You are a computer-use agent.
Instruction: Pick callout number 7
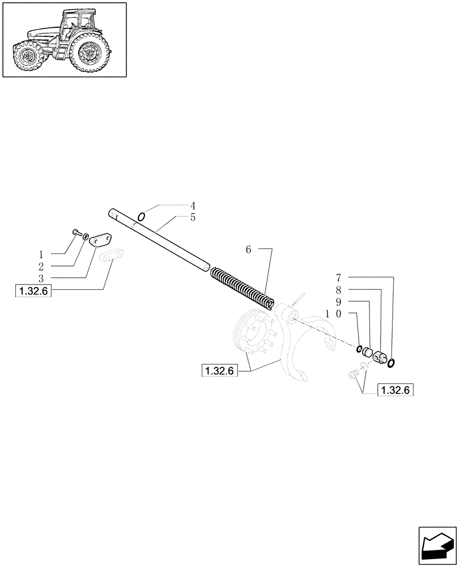(x=338, y=278)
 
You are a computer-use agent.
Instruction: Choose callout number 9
(x=338, y=302)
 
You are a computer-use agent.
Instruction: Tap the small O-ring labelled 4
(x=141, y=216)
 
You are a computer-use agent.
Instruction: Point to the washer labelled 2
(x=86, y=236)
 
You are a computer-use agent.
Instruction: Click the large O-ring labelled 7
(x=391, y=362)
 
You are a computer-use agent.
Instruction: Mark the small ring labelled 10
(x=359, y=348)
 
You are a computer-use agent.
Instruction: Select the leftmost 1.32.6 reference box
(x=32, y=291)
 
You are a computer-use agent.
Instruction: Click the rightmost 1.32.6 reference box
(x=395, y=390)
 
